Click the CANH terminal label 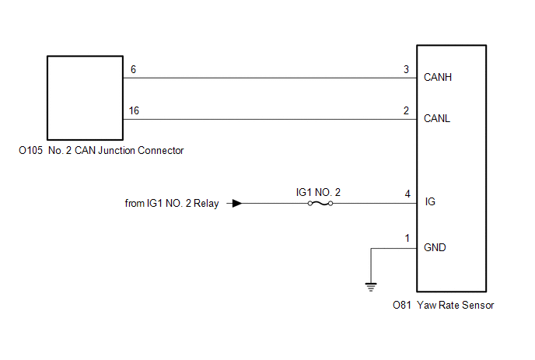tap(438, 78)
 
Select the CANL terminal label tap(437, 119)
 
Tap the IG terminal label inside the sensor tap(430, 201)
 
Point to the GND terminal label tap(435, 247)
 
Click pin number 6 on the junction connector tap(133, 70)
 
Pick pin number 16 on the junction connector tap(134, 111)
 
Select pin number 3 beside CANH tap(406, 70)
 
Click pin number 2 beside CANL tap(406, 111)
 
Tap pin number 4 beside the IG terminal tap(407, 194)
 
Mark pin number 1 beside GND tap(407, 238)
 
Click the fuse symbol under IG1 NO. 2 tap(320, 204)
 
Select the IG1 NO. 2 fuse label tap(318, 193)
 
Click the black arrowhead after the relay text tap(236, 204)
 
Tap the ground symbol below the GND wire tap(371, 287)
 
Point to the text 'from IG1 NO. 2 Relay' tap(172, 204)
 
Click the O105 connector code tap(30, 151)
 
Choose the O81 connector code tap(401, 305)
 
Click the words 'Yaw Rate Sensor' tap(456, 305)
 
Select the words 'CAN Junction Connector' tap(129, 151)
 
